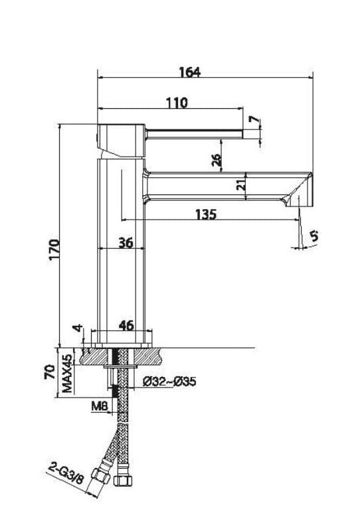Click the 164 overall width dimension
pos(190,72)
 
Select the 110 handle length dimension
pos(177,103)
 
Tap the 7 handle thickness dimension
pos(254,119)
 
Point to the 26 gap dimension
pos(217,160)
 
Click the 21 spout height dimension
pos(240,185)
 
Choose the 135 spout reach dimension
pos(206,214)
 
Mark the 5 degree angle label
pos(314,235)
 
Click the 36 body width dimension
pos(126,243)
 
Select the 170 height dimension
pos(54,250)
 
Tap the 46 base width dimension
pos(126,325)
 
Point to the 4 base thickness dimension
pos(78,328)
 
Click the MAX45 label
pos(67,373)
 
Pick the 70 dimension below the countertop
pos(50,372)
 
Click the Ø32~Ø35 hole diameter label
pos(169,382)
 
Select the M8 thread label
pos(100,406)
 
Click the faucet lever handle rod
pos(194,134)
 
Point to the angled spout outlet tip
pos(299,190)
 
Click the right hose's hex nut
pos(123,480)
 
